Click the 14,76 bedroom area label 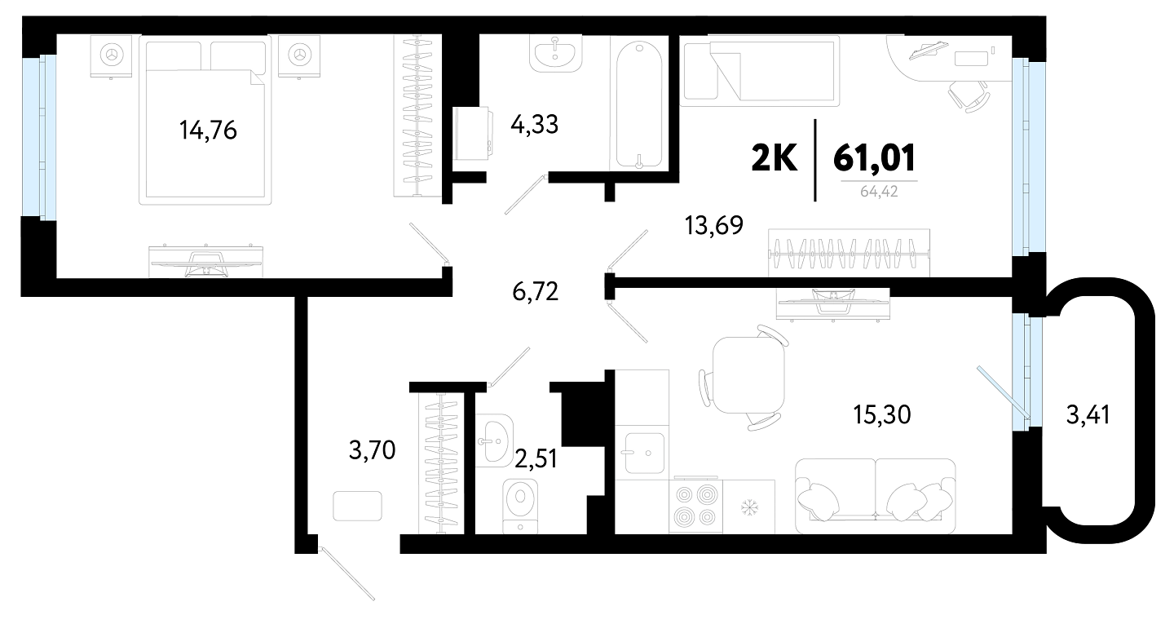(x=208, y=130)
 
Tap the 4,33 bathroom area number (x=535, y=125)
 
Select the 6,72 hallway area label (x=535, y=291)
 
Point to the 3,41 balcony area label (x=1088, y=415)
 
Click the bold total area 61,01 (x=874, y=157)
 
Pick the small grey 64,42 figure (x=879, y=191)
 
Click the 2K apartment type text (x=775, y=157)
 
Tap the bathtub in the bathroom (x=639, y=106)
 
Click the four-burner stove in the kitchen (x=695, y=506)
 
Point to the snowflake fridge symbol (x=749, y=507)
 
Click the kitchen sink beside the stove (x=645, y=453)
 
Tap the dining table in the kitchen (x=749, y=374)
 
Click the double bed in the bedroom (x=205, y=120)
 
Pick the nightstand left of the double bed (x=111, y=56)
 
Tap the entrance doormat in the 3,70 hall (x=357, y=506)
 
